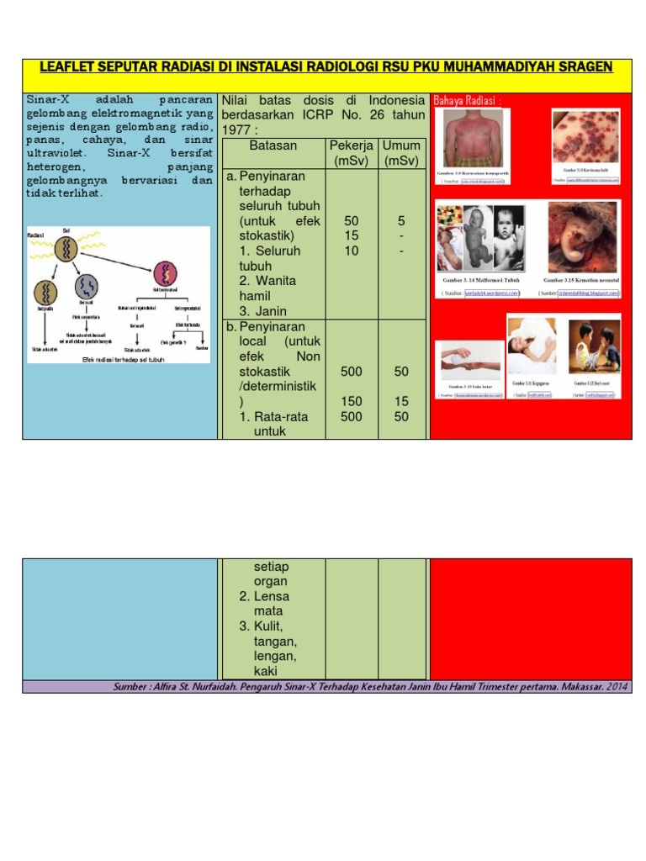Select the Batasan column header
click(273, 145)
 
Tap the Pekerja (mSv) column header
click(352, 153)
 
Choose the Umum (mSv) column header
click(401, 153)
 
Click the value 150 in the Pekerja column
click(352, 401)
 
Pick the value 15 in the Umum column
click(401, 401)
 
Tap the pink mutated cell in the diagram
click(165, 273)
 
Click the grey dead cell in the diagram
click(87, 287)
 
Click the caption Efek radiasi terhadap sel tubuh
click(123, 359)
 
